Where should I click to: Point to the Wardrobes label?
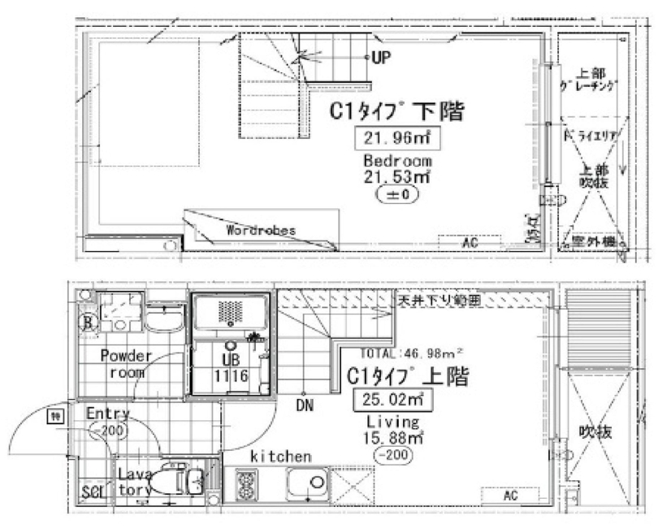coord(261,230)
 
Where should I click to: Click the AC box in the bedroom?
coord(470,243)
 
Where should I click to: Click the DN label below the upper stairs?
coord(305,402)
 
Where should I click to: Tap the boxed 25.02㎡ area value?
coord(392,400)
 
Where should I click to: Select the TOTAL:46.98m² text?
coord(411,353)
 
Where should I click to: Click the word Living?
coord(392,423)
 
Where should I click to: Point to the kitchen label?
coord(281,457)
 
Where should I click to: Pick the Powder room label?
coord(127,365)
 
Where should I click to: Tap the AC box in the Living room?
coord(511,494)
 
